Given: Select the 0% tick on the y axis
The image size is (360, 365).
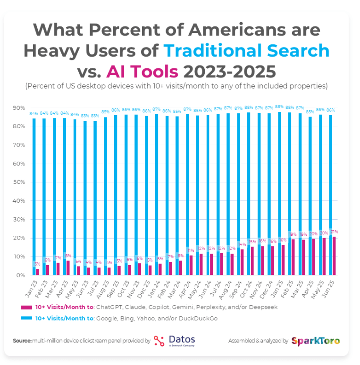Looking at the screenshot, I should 18,275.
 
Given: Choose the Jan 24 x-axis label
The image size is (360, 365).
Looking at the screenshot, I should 155,287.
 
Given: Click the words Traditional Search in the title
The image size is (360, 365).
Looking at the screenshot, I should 246,50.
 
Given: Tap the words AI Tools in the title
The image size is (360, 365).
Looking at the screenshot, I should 142,71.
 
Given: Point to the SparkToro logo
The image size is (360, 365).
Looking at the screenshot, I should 315,341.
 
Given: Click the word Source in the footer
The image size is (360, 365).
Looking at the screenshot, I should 22,340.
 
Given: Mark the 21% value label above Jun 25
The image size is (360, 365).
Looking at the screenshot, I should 335,232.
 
